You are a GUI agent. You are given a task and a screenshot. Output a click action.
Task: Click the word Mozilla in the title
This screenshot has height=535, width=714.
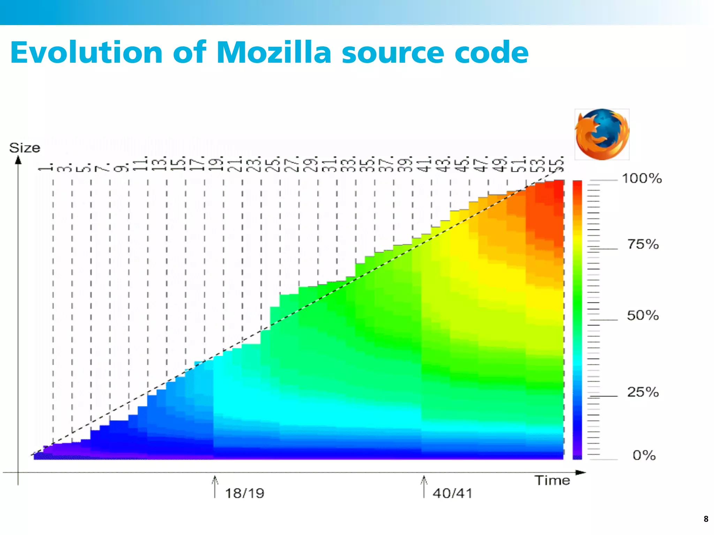[x=274, y=53]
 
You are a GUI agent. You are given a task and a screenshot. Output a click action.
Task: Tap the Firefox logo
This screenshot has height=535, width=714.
[x=602, y=134]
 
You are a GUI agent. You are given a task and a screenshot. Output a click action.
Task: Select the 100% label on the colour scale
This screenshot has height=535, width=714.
[x=641, y=179]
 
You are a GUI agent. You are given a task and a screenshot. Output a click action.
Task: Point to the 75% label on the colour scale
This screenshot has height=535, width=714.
[x=643, y=244]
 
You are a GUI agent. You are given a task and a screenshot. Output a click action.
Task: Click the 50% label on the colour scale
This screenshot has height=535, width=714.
[x=643, y=315]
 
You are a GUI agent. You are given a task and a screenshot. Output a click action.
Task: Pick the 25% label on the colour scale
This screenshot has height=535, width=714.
[x=643, y=392]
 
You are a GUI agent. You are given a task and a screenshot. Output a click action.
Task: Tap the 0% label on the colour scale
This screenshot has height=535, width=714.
[x=644, y=455]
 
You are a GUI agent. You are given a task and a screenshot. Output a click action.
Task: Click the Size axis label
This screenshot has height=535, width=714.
[x=24, y=148]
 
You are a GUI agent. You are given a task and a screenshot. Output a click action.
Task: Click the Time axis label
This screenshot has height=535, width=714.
[x=552, y=481]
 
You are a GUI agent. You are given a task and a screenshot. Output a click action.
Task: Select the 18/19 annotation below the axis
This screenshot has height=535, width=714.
[x=244, y=493]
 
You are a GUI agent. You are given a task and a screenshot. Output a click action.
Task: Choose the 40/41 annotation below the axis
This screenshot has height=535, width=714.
[x=452, y=493]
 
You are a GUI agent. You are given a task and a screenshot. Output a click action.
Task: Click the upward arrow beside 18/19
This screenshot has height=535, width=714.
[x=215, y=486]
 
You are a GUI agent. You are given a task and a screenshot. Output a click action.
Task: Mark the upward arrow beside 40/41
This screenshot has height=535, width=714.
[x=424, y=486]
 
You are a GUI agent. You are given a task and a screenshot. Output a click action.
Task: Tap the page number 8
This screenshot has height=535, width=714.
[x=706, y=519]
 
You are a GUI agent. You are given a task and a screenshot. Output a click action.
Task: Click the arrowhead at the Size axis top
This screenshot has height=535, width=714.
[x=18, y=160]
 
